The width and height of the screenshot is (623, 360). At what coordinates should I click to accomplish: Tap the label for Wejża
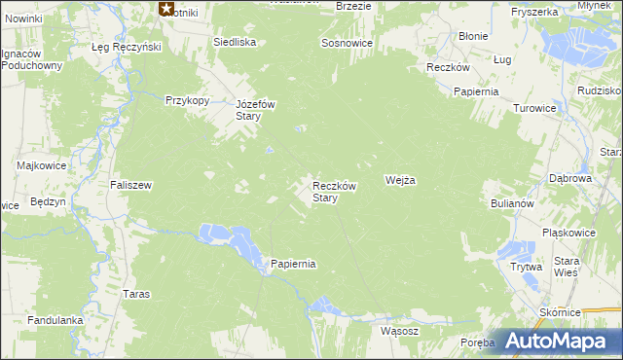point(400,180)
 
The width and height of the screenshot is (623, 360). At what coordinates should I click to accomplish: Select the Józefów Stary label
point(257,109)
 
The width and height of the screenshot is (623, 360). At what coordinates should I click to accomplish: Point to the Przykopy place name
point(188,99)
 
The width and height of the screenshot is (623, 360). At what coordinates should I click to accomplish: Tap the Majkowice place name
point(41,165)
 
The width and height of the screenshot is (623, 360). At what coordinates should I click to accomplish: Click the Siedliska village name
point(235,42)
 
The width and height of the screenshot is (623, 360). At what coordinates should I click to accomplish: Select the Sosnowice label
point(348,45)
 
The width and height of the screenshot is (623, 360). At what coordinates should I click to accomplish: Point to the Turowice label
point(534,108)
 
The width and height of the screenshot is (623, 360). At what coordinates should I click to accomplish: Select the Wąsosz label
point(399,330)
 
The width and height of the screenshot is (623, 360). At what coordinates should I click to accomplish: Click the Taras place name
point(135,293)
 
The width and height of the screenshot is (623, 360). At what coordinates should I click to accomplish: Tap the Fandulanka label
point(55,319)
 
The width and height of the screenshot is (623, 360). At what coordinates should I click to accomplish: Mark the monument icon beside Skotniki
point(166,10)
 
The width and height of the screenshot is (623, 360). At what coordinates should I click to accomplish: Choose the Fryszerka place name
point(532,12)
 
